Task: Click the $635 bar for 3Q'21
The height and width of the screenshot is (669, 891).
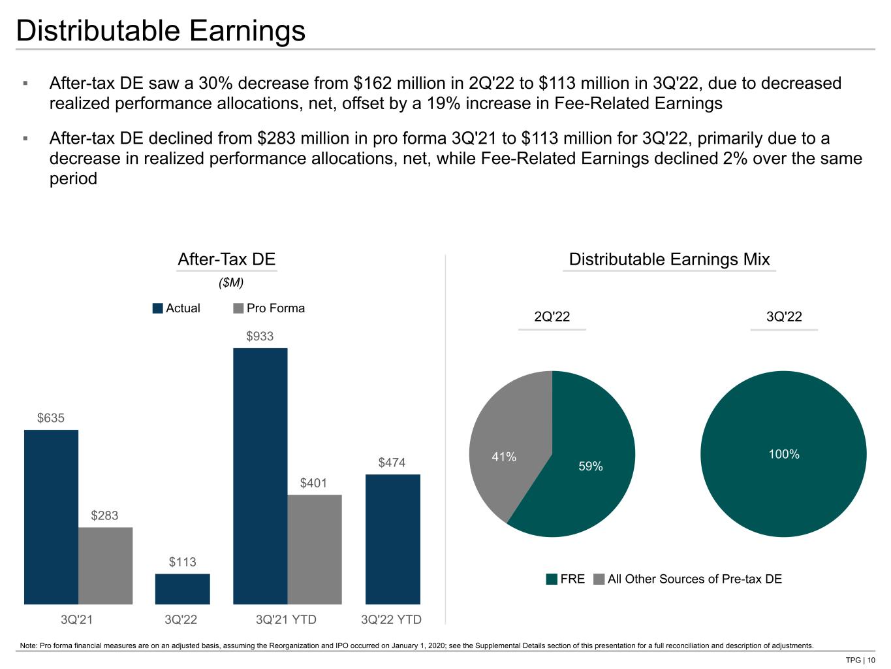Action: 51,517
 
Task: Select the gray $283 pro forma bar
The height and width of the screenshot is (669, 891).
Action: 106,565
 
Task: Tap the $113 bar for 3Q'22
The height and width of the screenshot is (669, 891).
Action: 183,589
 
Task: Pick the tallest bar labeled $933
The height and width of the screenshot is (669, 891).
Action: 260,476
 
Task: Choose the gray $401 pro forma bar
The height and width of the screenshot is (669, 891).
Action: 315,549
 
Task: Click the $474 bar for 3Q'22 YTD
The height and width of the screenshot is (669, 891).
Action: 393,539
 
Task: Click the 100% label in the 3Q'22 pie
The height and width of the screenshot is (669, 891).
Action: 784,453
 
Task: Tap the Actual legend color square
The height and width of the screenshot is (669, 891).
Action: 157,308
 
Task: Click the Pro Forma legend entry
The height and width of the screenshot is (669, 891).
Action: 269,308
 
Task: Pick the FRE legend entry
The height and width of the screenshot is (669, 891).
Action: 565,579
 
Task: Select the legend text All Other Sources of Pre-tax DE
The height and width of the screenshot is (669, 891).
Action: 695,579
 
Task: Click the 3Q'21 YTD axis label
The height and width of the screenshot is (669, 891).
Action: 286,619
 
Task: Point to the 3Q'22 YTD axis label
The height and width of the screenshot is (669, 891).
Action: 391,619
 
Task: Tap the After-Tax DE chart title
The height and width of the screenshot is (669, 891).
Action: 227,259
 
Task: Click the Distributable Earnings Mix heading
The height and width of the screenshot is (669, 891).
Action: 669,259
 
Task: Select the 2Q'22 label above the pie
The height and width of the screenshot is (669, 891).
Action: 552,316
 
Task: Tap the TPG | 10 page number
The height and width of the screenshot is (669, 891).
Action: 860,660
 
